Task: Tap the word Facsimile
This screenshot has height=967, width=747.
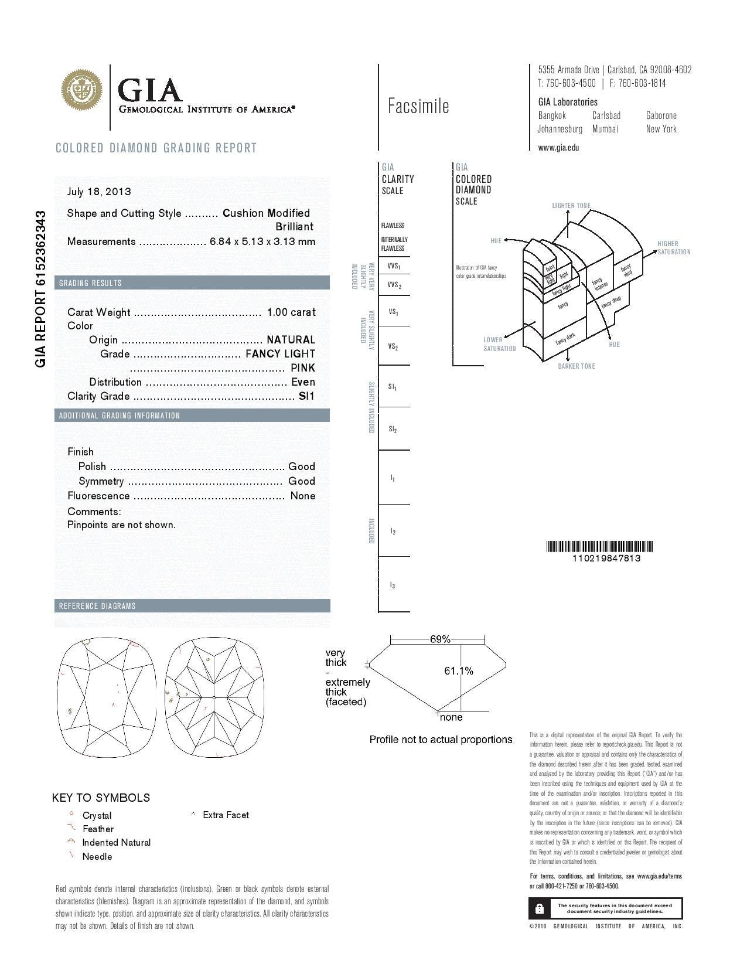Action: pyautogui.click(x=418, y=106)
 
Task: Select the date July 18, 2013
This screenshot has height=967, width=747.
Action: pyautogui.click(x=99, y=192)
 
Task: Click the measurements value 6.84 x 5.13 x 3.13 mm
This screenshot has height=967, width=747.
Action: pyautogui.click(x=262, y=241)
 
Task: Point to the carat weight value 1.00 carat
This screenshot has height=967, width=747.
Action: pyautogui.click(x=291, y=312)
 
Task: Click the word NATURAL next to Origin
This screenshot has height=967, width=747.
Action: pyautogui.click(x=291, y=340)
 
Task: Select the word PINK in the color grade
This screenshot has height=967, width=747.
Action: pyautogui.click(x=303, y=368)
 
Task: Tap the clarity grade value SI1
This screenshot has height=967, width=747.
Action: pyautogui.click(x=306, y=396)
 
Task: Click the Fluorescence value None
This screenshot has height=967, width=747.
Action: pyautogui.click(x=303, y=496)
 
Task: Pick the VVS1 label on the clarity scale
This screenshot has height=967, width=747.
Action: pyautogui.click(x=394, y=267)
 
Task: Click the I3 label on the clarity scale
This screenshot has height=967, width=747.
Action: pyautogui.click(x=393, y=585)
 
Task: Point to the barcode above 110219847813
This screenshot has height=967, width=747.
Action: pyautogui.click(x=599, y=547)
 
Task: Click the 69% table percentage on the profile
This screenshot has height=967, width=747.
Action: pyautogui.click(x=439, y=639)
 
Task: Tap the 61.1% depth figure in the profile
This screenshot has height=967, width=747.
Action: pyautogui.click(x=459, y=671)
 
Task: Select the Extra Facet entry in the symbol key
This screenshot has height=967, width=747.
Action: pyautogui.click(x=226, y=815)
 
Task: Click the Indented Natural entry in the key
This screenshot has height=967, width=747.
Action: pyautogui.click(x=116, y=843)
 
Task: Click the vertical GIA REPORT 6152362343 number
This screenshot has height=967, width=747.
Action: pyautogui.click(x=40, y=288)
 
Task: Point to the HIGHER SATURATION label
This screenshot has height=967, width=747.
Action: pyautogui.click(x=673, y=248)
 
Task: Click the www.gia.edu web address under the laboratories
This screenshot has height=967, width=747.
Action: pyautogui.click(x=558, y=148)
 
